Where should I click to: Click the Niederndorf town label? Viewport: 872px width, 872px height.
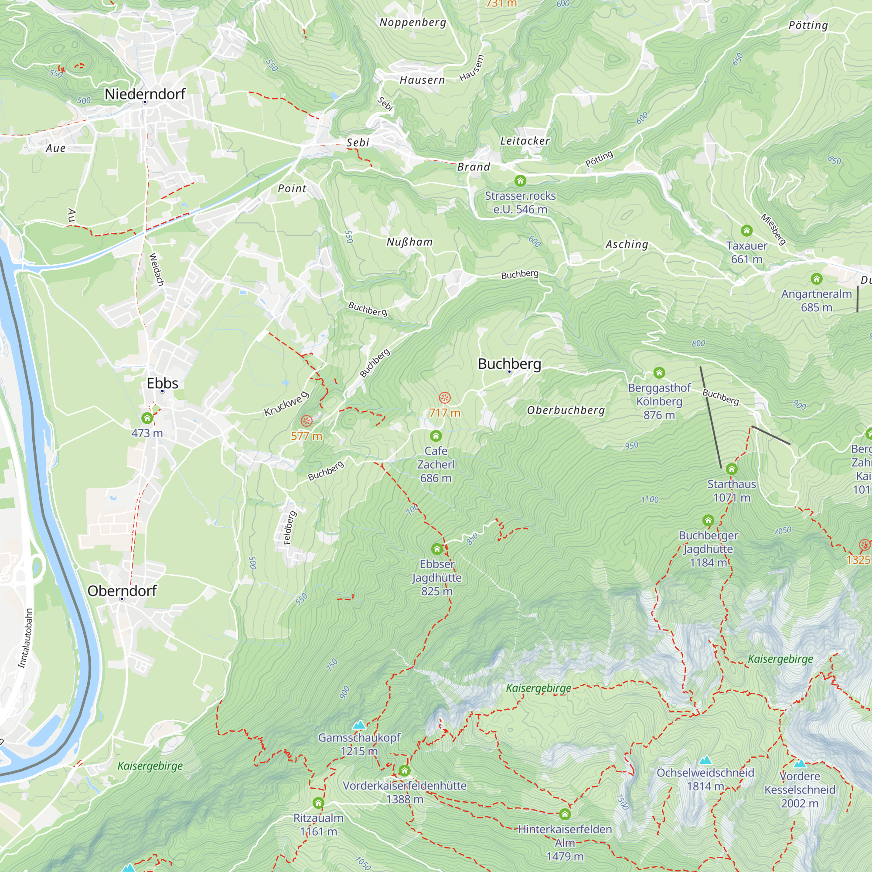[x=145, y=94]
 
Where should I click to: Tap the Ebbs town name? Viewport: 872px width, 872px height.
[x=163, y=383]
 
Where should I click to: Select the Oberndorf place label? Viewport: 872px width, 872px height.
[x=122, y=591]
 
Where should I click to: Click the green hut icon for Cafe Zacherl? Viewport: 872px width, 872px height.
[x=436, y=436]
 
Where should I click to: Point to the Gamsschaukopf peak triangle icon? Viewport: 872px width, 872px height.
[x=359, y=725]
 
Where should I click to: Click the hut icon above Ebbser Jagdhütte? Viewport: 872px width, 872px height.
[x=436, y=549]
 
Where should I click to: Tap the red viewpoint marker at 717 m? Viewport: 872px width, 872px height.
[x=445, y=398]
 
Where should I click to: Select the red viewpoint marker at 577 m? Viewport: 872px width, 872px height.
[x=307, y=421]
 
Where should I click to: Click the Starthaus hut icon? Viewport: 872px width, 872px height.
[x=732, y=469]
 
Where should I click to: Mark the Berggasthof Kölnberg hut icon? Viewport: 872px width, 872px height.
[x=659, y=373]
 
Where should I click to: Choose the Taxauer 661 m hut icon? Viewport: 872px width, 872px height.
[x=746, y=231]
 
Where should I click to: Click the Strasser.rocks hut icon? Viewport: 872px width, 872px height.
[x=520, y=181]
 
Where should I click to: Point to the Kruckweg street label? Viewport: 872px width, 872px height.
[x=286, y=404]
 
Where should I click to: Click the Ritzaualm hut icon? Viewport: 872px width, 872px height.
[x=318, y=803]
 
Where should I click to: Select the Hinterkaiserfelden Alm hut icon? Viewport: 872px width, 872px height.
[x=565, y=814]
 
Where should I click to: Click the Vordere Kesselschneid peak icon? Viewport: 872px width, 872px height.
[x=800, y=764]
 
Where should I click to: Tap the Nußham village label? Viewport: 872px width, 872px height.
[x=409, y=242]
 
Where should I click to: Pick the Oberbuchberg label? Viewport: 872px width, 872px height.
[x=565, y=410]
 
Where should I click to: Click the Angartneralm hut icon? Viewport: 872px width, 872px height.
[x=816, y=279]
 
